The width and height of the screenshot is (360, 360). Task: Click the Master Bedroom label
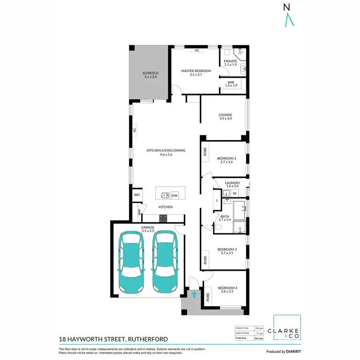(196, 71)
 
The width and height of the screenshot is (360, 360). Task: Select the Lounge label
(225, 115)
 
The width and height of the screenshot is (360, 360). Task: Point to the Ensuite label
(231, 61)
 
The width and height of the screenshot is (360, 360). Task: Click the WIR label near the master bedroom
(231, 83)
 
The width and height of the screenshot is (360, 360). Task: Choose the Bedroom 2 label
(227, 159)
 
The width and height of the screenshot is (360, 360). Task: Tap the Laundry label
(232, 183)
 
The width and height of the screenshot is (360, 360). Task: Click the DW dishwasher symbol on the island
(175, 195)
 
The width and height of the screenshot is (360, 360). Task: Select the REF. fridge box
(137, 195)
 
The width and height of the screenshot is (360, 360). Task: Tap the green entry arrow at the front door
(194, 295)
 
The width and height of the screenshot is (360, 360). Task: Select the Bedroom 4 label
(228, 288)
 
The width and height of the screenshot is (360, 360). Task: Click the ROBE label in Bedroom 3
(205, 260)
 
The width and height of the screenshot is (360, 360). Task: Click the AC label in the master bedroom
(196, 50)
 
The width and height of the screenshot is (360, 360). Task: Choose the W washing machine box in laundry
(235, 193)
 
